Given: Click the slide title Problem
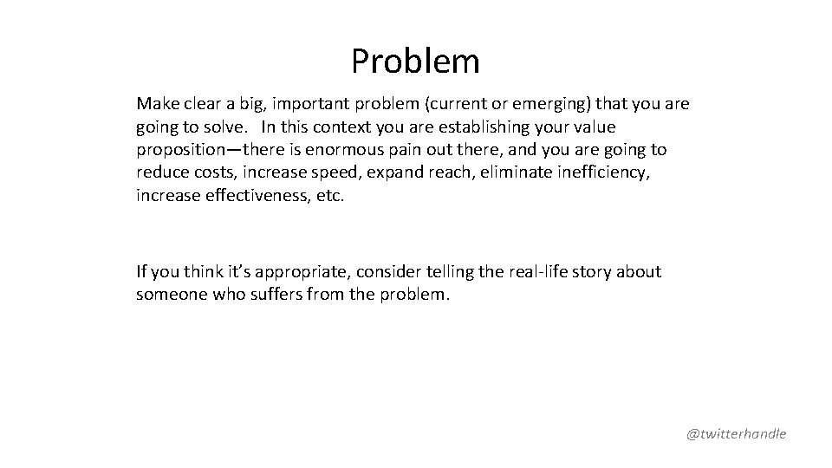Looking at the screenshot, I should tap(415, 62).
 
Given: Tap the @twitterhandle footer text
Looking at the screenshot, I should tap(736, 433).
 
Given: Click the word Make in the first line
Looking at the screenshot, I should tap(155, 104).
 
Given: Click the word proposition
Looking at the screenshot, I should tap(179, 150).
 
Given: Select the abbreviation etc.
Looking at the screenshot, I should tap(332, 195).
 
